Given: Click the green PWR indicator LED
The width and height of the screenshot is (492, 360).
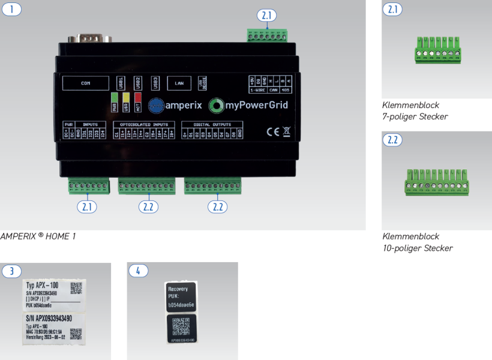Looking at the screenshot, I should (x=114, y=103).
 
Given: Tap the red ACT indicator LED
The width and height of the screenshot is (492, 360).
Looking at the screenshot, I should (x=137, y=103).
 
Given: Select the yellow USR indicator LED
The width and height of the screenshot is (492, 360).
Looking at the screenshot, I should (x=125, y=103).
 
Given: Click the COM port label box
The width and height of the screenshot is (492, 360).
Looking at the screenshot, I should (x=86, y=84).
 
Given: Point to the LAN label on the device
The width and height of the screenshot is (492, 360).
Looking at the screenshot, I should (x=179, y=84).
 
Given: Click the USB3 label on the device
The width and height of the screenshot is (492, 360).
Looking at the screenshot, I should (x=155, y=83).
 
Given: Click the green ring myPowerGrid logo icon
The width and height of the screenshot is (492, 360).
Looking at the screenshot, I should (x=216, y=106).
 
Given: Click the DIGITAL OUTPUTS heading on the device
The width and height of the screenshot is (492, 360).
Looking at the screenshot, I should (x=212, y=125).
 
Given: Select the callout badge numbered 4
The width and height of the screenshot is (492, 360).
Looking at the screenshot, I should (x=139, y=271).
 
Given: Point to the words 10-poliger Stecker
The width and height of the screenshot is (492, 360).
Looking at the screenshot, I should (x=418, y=248).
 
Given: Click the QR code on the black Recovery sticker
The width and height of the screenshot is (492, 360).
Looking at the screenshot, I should (x=182, y=328).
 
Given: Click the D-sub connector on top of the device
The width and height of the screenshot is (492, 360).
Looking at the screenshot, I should (x=92, y=38).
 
